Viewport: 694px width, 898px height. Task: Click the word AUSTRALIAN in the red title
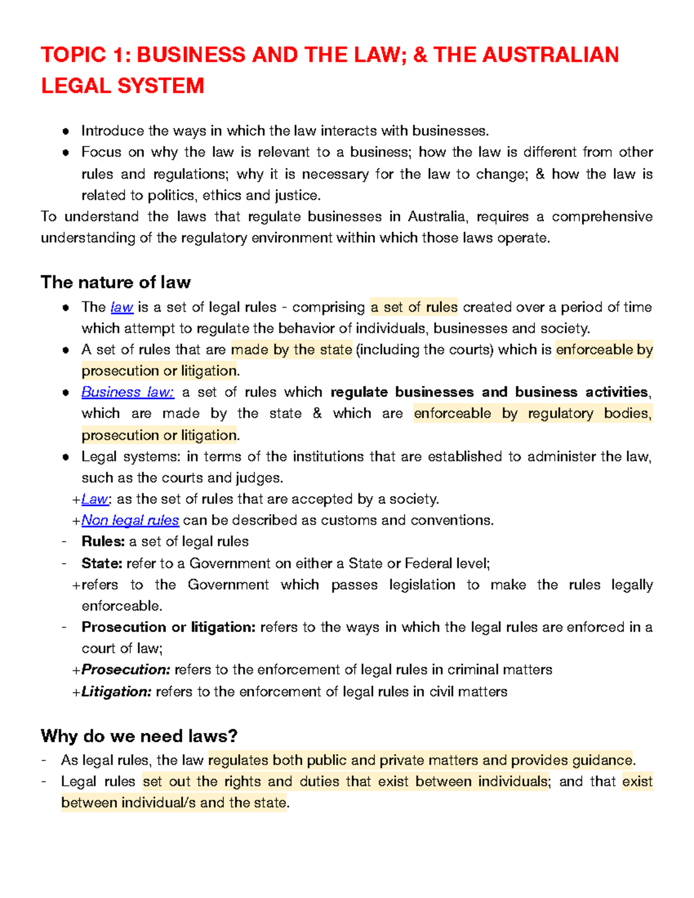coord(550,55)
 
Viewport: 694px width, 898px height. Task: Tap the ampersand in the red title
coord(420,55)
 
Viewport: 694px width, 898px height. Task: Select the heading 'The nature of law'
coord(116,282)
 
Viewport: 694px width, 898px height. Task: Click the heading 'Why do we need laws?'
coord(139,736)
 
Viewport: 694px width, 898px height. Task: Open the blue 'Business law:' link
coord(127,392)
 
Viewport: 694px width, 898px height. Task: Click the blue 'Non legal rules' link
coord(130,520)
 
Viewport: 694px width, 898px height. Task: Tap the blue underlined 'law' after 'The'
coord(122,307)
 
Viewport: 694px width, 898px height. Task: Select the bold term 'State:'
coord(102,563)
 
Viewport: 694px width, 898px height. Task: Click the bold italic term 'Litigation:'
coord(116,692)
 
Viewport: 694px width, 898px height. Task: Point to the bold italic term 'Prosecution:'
coord(125,670)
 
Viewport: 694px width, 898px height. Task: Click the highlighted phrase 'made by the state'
coord(291,350)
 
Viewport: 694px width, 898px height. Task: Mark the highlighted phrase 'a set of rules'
coord(414,307)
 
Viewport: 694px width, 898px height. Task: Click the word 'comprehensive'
coord(602,217)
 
